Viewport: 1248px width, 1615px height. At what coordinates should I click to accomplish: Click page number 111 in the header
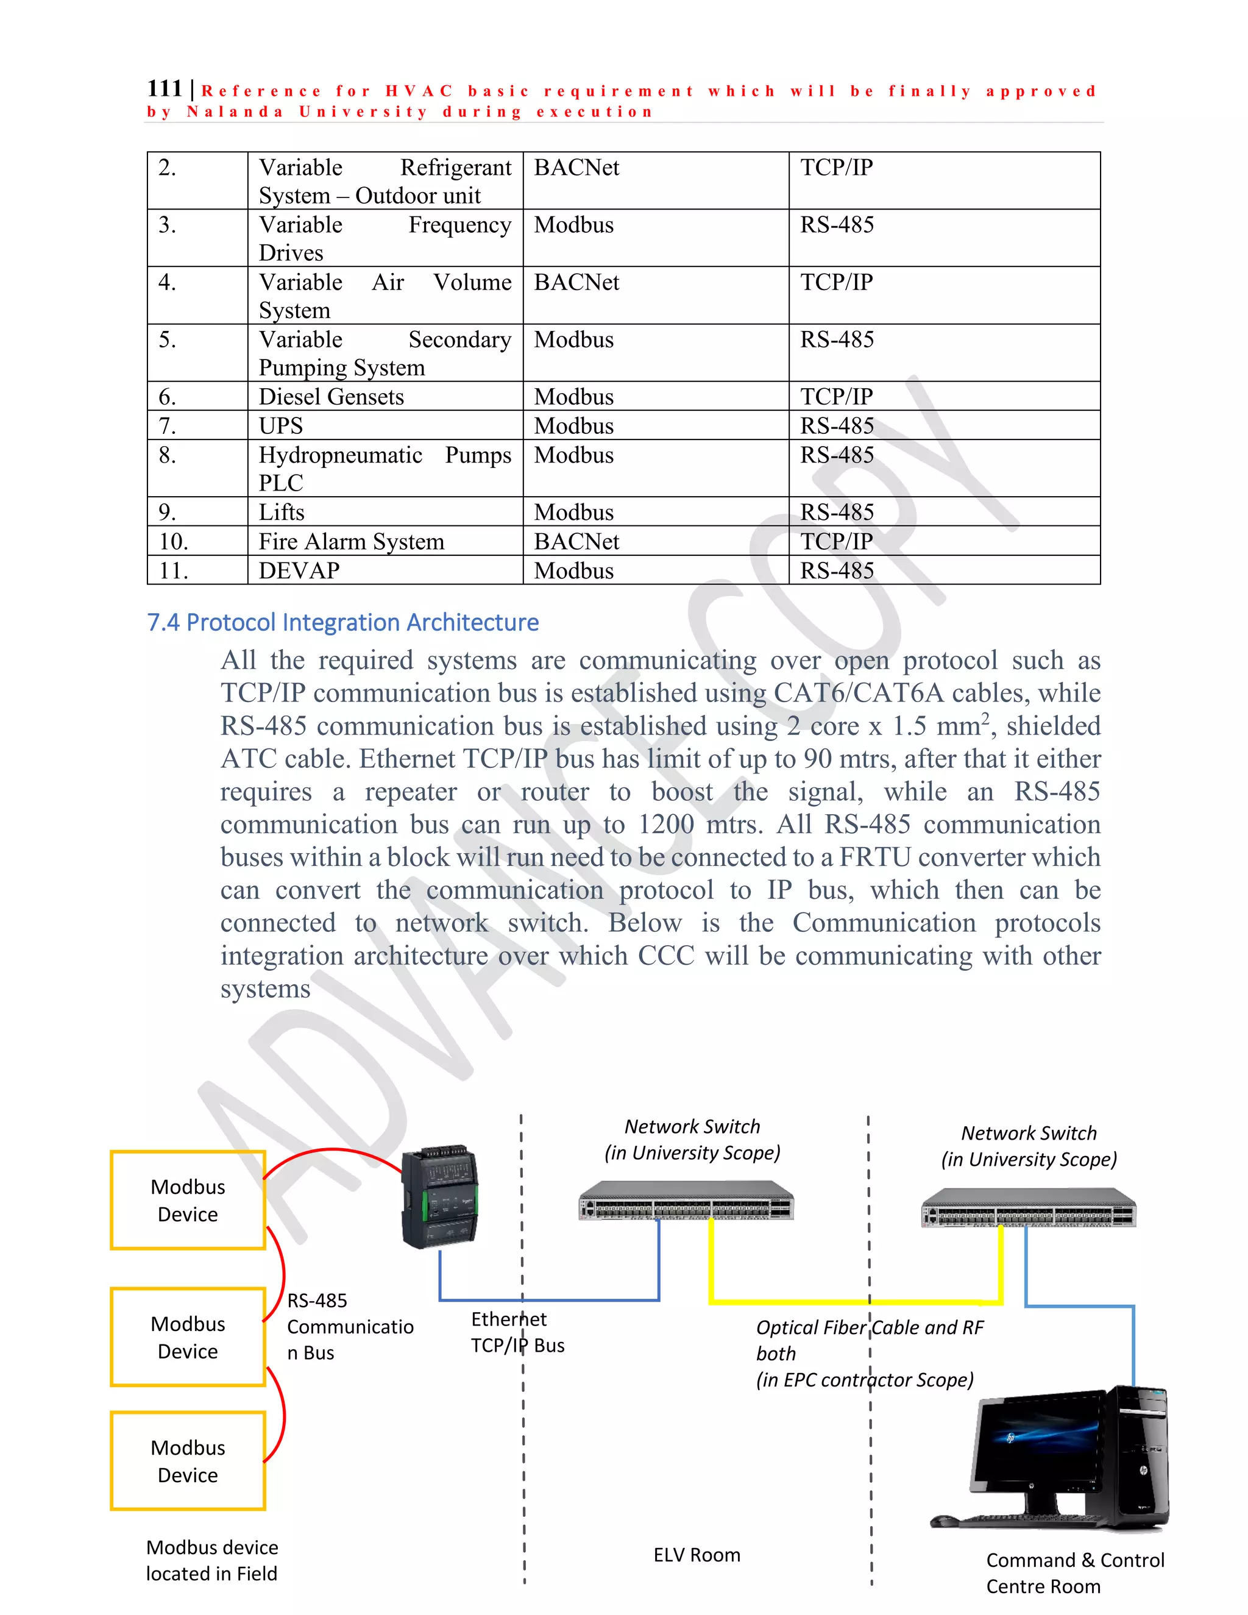coord(164,89)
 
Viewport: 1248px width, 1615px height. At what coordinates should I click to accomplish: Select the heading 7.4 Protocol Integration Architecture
coord(342,623)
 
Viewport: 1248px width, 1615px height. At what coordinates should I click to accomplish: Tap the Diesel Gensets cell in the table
coord(331,397)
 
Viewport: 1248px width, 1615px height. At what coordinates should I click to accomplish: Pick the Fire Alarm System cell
coord(351,541)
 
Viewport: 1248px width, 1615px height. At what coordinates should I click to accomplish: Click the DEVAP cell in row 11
coord(299,571)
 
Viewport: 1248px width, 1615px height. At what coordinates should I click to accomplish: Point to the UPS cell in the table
coord(281,426)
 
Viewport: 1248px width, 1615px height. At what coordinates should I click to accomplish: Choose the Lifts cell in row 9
coord(282,513)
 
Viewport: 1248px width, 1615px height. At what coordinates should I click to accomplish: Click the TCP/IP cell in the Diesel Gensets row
coord(836,397)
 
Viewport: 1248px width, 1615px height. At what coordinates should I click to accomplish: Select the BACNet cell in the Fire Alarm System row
coord(576,541)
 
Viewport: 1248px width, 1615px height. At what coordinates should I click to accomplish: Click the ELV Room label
coord(697,1555)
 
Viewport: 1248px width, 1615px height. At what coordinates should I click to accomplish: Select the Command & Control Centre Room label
coord(1074,1573)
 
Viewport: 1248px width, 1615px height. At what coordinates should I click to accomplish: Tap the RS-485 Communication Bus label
coord(349,1327)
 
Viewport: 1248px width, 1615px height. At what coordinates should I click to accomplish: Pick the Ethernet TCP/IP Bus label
coord(517,1332)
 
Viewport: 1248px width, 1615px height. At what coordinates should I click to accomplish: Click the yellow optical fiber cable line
coord(850,1302)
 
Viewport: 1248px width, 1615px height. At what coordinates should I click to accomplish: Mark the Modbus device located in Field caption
coord(211,1560)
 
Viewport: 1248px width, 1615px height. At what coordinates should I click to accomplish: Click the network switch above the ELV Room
coord(686,1201)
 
